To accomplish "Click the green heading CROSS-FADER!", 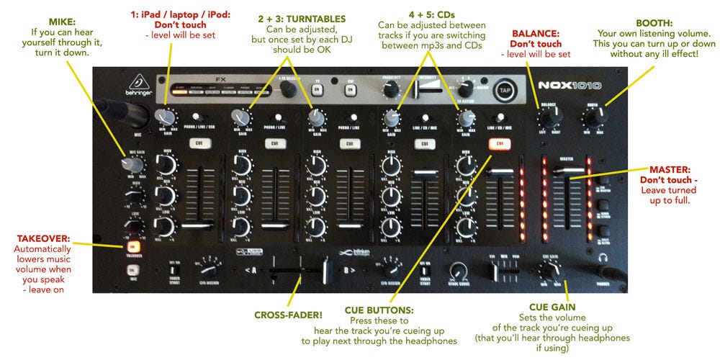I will [x=289, y=315].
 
